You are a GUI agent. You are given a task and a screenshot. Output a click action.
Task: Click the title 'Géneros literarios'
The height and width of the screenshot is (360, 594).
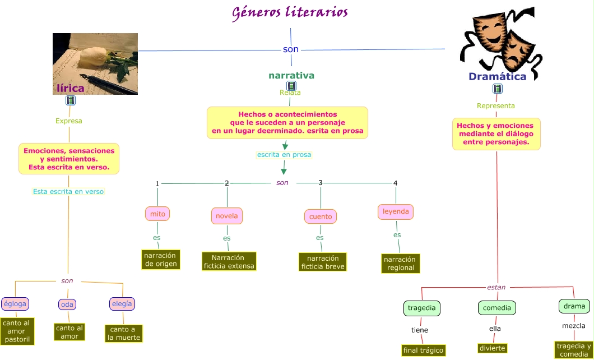point(290,12)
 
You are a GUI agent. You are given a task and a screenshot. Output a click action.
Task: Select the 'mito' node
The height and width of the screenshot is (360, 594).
point(157,214)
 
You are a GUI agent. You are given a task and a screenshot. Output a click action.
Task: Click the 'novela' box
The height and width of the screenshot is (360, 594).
point(227,216)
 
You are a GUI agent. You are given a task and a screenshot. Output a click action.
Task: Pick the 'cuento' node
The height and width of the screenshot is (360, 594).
point(321,216)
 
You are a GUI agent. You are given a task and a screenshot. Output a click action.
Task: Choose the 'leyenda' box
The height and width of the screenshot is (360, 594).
point(396,212)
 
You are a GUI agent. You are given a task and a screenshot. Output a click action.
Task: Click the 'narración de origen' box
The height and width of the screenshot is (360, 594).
point(161,260)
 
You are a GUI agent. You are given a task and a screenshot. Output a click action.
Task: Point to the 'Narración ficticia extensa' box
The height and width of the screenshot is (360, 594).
point(229,261)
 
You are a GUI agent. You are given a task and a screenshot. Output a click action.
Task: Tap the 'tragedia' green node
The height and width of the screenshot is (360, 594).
point(421,308)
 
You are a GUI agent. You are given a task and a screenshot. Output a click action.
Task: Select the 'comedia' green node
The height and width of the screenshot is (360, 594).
point(496,308)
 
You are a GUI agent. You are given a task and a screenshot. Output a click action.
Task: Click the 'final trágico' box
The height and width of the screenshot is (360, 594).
point(423,350)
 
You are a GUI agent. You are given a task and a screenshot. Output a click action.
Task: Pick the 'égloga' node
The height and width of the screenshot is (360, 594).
point(15,304)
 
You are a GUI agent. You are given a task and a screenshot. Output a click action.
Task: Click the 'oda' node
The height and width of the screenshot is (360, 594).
point(67,304)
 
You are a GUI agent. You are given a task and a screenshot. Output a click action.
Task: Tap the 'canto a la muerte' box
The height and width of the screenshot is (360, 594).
point(124,333)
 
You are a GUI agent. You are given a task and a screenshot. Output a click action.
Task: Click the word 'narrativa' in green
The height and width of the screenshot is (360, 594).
point(291,75)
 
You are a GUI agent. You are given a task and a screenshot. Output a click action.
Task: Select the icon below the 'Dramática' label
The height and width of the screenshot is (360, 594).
point(497,89)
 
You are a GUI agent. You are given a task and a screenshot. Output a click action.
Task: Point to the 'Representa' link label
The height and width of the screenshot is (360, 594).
point(496,105)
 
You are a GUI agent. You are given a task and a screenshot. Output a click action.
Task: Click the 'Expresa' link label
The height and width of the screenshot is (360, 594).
point(69,121)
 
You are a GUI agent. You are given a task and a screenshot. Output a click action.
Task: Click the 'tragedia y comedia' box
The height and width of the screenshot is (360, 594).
point(574,350)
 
